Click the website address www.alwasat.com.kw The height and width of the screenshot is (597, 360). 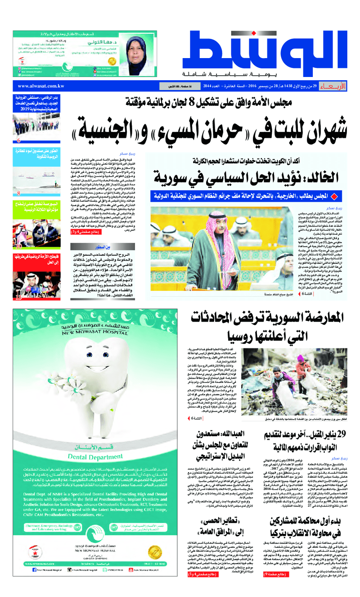click(41, 86)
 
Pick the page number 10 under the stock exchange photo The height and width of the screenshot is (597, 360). click(18, 246)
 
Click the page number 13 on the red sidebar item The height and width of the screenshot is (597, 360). click(18, 297)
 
